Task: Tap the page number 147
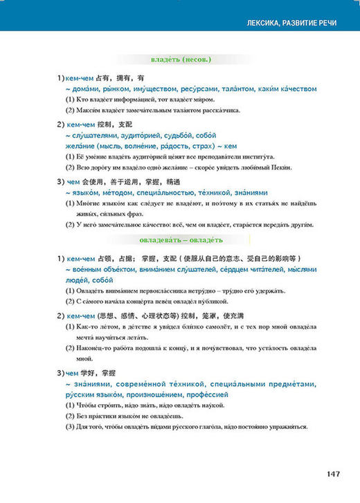pos(332,473)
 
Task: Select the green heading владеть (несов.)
pos(180,60)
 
